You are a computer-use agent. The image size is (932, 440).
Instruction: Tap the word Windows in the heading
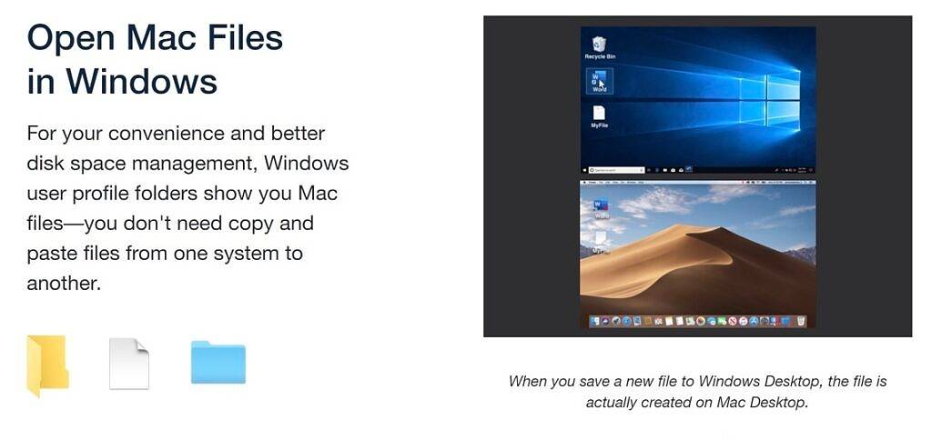pyautogui.click(x=141, y=82)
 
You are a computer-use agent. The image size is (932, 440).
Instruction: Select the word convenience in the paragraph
pyautogui.click(x=170, y=134)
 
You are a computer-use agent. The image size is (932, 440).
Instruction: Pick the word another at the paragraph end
pyautogui.click(x=63, y=283)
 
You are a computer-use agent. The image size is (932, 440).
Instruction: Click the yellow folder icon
pyautogui.click(x=47, y=365)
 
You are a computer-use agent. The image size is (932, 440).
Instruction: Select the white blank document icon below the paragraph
pyautogui.click(x=129, y=364)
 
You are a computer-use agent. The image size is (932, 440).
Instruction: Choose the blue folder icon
pyautogui.click(x=218, y=362)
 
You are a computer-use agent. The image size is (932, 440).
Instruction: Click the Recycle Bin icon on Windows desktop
pyautogui.click(x=599, y=45)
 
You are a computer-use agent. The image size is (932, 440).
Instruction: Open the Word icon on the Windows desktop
pyautogui.click(x=599, y=80)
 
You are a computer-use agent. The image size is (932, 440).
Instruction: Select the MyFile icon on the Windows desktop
pyautogui.click(x=599, y=116)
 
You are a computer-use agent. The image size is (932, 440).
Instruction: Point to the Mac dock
pyautogui.click(x=698, y=322)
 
